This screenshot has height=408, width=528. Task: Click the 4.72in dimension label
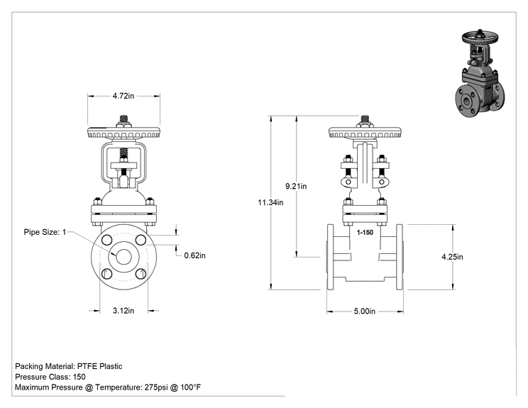[123, 96]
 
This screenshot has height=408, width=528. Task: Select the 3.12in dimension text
[123, 310]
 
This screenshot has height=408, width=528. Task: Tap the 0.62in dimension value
[194, 255]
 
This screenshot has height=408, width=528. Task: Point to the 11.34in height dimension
[270, 202]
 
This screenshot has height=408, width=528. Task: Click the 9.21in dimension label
[296, 186]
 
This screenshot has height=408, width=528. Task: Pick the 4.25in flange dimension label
[452, 257]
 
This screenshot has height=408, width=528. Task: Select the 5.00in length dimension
[364, 311]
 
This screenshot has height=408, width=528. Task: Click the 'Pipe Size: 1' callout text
[45, 232]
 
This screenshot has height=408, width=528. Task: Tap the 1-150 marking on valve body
[365, 232]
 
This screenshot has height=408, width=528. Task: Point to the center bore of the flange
[123, 257]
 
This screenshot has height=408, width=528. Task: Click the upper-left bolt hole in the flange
[106, 241]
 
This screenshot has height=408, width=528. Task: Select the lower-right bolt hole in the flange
[141, 274]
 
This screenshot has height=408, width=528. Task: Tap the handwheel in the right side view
[365, 133]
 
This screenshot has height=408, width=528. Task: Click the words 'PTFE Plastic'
[99, 366]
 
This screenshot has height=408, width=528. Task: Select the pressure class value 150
[79, 377]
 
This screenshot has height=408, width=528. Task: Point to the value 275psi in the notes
[156, 387]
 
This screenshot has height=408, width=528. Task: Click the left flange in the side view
[330, 257]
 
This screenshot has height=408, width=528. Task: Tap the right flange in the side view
[400, 257]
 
